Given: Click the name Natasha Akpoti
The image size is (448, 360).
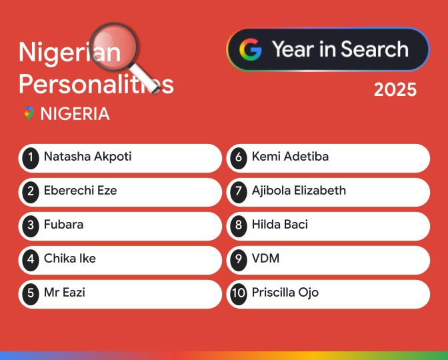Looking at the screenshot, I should coord(87,157).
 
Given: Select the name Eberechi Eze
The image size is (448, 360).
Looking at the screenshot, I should coord(80,191).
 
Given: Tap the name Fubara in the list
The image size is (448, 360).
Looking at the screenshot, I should coord(63,225).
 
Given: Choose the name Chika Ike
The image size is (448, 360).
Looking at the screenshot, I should coord(69,259).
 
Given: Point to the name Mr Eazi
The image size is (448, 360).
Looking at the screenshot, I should coord(64,293).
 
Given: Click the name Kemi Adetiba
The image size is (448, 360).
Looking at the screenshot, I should coord(290,157).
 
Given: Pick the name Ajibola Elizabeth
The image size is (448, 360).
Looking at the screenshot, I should coord(299,191).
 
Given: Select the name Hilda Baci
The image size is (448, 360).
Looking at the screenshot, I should coord(279,225).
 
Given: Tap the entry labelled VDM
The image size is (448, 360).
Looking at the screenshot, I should coord(265,259).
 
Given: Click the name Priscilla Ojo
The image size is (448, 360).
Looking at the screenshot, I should coord(285,293).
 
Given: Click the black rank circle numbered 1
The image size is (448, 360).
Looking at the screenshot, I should coord(31,158).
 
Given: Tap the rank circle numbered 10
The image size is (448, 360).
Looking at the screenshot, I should coord(239,293).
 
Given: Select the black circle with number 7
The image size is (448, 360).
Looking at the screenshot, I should coord(239,192).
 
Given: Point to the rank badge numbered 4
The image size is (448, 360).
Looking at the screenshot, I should coord(31,259).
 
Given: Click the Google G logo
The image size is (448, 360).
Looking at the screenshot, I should coord(251,49).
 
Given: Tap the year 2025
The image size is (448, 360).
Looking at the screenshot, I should coord(395,90).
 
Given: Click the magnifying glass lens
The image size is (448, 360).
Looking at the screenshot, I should coord(113,45).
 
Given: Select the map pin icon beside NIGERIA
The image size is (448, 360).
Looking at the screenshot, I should coord(29,113).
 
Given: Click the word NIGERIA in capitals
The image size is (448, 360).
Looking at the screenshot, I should coord(75,114).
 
